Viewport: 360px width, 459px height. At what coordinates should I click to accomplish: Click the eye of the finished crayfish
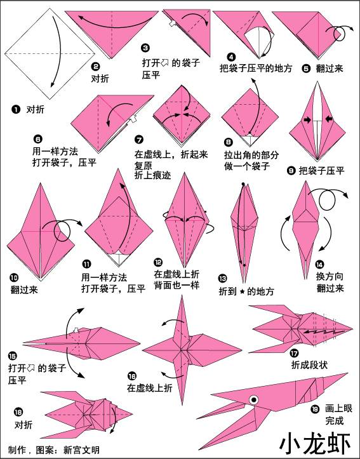click(254, 400)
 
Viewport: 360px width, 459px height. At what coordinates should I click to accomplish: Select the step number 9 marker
click(291, 170)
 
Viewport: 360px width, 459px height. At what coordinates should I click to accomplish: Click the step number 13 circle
click(222, 278)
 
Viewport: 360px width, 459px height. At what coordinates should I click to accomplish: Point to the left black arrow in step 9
click(305, 119)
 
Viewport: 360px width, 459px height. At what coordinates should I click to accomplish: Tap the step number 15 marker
click(13, 356)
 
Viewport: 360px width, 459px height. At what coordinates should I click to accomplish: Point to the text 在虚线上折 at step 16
click(149, 387)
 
